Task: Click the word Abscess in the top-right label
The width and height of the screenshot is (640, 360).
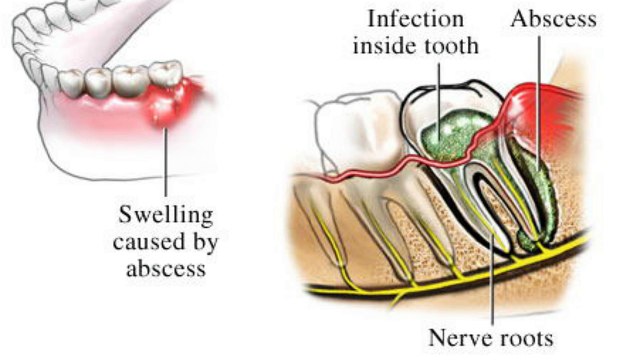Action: point(553,19)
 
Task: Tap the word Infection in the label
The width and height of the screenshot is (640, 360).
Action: point(407,19)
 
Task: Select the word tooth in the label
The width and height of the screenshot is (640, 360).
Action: point(451,45)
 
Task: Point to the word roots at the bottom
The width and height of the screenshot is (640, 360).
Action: point(520,337)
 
